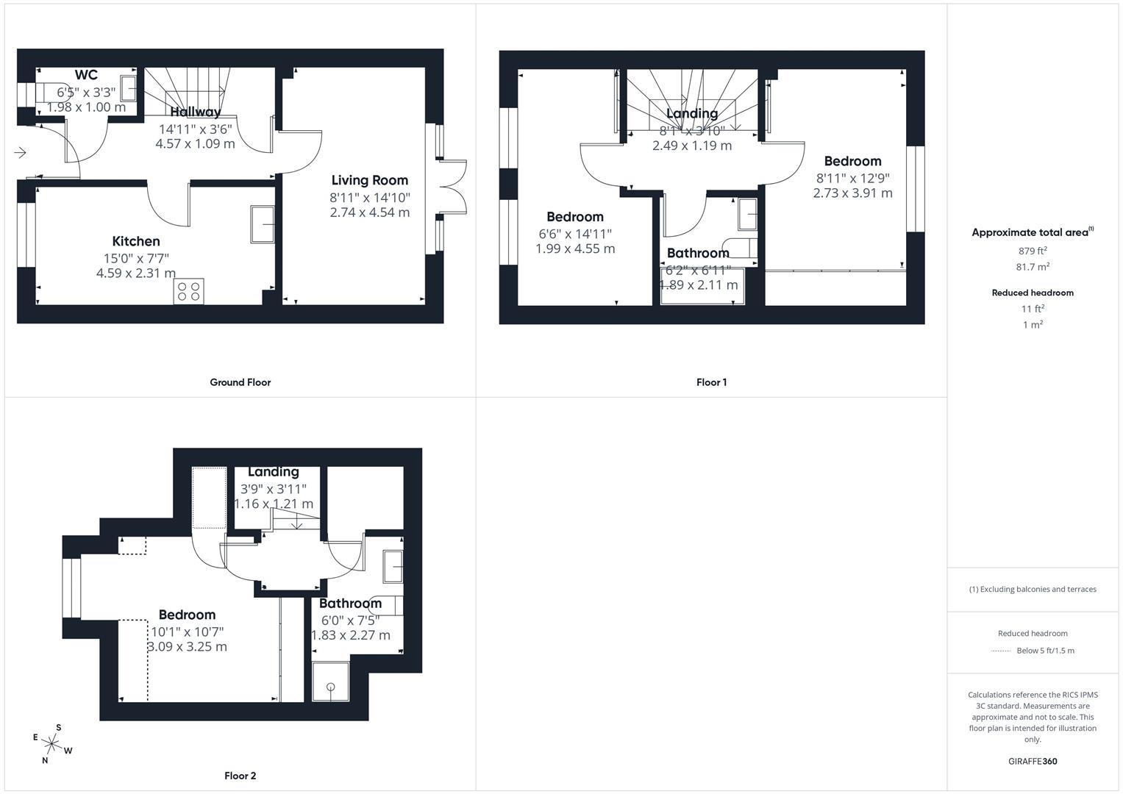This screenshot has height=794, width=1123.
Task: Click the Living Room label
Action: click(x=369, y=180)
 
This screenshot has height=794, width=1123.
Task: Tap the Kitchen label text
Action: click(x=136, y=241)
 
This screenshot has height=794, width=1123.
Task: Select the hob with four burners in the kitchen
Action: click(x=189, y=291)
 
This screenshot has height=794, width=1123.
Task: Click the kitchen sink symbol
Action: click(x=263, y=224)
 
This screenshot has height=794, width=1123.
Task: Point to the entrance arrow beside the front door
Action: click(x=20, y=153)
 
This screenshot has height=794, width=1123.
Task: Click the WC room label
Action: click(x=86, y=75)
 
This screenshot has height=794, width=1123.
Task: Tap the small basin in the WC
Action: click(x=129, y=89)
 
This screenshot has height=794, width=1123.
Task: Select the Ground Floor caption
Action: click(x=240, y=382)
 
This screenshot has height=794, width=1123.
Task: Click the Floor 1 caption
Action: click(x=711, y=382)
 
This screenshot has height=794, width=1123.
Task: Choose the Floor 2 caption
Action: click(x=240, y=776)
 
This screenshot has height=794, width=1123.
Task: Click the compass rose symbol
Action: click(x=51, y=744)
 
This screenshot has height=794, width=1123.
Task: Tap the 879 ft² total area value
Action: click(x=1033, y=251)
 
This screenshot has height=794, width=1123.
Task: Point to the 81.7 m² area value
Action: click(x=1033, y=267)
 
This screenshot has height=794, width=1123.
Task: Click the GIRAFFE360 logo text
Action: click(x=1033, y=761)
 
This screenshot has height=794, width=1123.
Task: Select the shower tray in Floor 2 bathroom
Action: click(x=331, y=682)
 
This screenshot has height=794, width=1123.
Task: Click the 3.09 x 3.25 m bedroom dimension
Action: click(x=187, y=647)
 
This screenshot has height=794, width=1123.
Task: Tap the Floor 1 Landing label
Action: click(x=691, y=113)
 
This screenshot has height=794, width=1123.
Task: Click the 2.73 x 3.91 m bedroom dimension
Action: click(x=852, y=193)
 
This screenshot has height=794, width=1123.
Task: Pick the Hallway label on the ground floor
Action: click(x=195, y=112)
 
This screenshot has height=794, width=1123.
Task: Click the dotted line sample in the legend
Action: click(x=1001, y=651)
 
